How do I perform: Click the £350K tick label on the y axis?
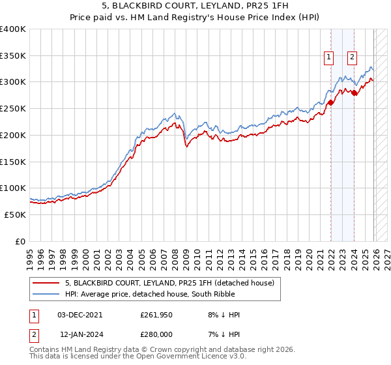point(13,56)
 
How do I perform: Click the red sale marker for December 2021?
point(330,102)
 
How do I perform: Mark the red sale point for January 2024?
point(354,93)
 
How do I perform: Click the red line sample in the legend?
point(47,283)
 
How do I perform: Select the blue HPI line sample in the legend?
point(47,294)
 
